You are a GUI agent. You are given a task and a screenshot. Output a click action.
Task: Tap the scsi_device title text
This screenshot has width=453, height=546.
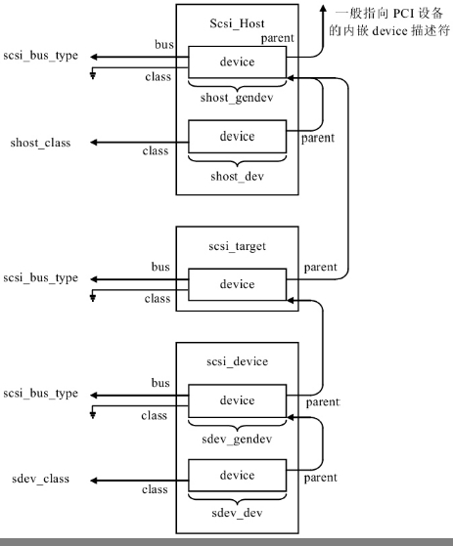click(x=236, y=360)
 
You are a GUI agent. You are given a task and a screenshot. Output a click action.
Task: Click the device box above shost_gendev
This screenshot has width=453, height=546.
click(x=237, y=63)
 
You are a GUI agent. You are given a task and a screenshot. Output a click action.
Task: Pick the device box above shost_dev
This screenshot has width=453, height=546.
click(x=237, y=137)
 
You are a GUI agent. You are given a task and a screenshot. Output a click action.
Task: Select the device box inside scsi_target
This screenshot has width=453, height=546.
click(x=237, y=285)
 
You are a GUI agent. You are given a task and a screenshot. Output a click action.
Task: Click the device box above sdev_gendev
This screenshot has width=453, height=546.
click(x=237, y=400)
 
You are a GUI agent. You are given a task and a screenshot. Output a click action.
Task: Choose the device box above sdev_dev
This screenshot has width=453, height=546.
click(x=237, y=475)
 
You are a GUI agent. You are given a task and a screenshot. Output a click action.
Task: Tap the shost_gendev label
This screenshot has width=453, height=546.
click(x=237, y=101)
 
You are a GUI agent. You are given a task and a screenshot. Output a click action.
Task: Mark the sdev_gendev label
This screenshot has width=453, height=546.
click(x=237, y=439)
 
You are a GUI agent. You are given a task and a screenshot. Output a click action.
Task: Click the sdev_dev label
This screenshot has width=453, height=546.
click(x=237, y=513)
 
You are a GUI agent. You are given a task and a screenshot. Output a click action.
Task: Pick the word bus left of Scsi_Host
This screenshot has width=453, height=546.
click(x=164, y=45)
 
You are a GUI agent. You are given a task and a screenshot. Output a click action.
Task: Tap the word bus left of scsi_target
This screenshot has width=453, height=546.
click(x=160, y=267)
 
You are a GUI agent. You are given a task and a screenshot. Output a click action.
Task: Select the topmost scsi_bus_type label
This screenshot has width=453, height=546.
click(x=40, y=56)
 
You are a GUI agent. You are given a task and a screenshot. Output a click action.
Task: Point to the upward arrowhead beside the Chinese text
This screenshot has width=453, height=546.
click(x=324, y=8)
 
